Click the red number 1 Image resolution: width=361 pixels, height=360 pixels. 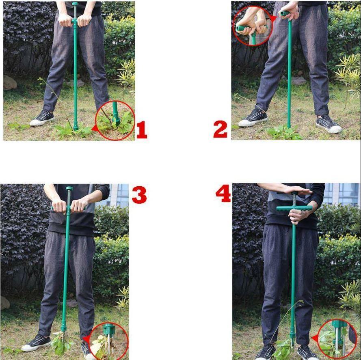(142, 130)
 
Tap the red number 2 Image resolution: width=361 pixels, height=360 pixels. (220, 130)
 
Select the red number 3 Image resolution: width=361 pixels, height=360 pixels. (139, 195)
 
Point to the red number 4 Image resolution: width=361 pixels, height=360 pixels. (223, 194)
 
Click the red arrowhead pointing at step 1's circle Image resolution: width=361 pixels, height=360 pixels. (94, 128)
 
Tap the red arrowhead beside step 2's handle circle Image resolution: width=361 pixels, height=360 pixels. (273, 19)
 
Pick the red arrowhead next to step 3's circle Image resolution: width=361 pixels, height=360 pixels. (86, 338)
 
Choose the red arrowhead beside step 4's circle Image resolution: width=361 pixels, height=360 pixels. (314, 338)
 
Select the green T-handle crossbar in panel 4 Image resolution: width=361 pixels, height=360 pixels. (294, 208)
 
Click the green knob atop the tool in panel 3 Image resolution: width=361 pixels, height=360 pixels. (69, 188)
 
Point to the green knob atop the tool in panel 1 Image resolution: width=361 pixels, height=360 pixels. (75, 4)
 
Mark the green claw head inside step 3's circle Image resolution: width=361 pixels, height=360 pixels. (108, 329)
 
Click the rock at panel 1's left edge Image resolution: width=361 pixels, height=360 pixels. (9, 82)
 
